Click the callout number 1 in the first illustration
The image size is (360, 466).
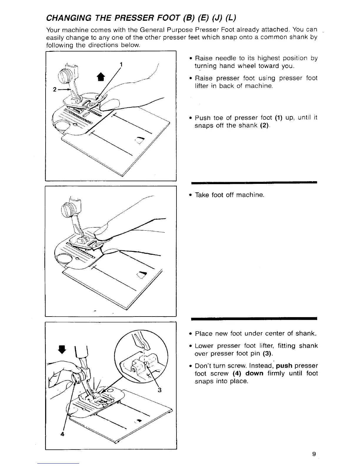(121, 64)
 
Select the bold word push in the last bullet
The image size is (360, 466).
(284, 366)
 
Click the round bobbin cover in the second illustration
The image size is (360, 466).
(64, 258)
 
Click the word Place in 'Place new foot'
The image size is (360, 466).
(204, 334)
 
